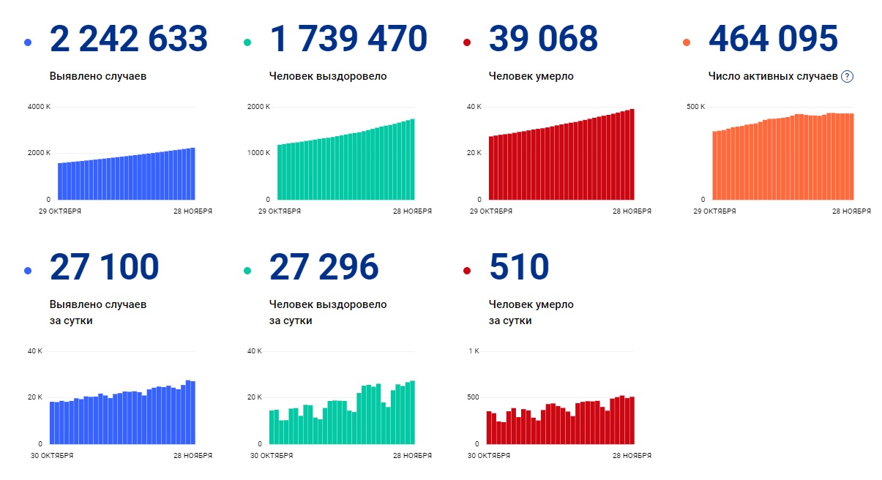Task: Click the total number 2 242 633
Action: pos(129,38)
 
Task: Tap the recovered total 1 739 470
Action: pos(348,38)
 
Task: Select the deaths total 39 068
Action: pos(543,38)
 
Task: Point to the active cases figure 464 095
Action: pos(773,38)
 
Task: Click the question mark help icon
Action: pos(848,76)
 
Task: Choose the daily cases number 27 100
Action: pos(105,267)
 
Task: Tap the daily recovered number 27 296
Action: pos(324,267)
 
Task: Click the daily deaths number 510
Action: pos(519,267)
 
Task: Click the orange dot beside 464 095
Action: pos(687,42)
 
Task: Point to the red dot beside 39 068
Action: pos(467,42)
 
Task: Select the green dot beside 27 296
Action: pos(247,271)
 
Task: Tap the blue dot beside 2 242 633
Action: pos(28,42)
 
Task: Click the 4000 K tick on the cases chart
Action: pos(39,107)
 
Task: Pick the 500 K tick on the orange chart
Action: pos(695,107)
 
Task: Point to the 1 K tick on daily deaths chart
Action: pos(473,351)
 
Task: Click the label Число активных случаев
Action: pos(773,76)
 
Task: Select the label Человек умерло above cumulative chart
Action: pos(531,76)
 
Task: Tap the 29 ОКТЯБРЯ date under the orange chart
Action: pos(714,211)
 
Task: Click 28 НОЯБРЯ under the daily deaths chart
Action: pos(632,456)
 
